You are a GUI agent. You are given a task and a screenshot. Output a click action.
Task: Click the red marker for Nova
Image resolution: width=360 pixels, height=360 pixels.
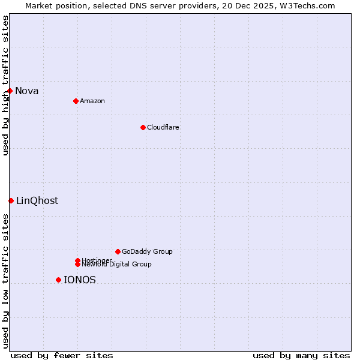[x=10, y=91]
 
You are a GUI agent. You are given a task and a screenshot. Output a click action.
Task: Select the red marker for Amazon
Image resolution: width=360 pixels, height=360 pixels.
[x=76, y=101]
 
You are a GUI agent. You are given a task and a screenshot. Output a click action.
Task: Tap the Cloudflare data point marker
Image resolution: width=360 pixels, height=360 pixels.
[x=143, y=127]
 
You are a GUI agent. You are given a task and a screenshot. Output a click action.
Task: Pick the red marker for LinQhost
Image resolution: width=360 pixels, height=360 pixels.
[x=11, y=200]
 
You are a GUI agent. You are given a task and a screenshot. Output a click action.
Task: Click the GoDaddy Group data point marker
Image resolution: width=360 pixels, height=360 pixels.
[x=118, y=251]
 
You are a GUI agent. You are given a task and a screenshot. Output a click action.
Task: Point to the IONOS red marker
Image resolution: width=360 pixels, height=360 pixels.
[x=58, y=280]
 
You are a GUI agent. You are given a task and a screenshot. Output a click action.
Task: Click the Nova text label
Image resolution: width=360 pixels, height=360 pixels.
[x=27, y=91]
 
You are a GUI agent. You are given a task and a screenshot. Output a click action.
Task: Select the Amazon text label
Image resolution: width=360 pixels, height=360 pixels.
[x=92, y=101]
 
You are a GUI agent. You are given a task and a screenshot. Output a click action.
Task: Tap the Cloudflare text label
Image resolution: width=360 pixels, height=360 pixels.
[x=163, y=127]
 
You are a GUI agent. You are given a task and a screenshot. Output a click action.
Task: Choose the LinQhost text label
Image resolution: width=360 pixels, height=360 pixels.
[x=37, y=201]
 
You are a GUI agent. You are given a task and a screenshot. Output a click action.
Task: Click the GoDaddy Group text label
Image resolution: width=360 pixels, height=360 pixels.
[x=147, y=251]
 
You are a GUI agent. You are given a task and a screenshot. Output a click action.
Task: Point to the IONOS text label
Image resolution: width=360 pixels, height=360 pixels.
[x=80, y=280]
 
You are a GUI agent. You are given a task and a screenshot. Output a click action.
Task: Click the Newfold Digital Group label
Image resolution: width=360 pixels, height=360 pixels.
[x=116, y=264]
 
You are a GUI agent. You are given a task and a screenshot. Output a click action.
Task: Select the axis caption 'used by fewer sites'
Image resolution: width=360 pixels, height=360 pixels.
[x=62, y=355]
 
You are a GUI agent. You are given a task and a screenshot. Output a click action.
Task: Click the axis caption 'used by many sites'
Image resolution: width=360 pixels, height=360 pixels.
[x=301, y=355]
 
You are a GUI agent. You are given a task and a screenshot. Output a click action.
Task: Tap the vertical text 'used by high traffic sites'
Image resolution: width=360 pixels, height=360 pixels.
[x=5, y=85]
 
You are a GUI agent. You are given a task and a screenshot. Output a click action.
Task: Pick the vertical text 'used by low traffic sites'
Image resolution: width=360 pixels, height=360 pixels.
[x=5, y=281]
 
